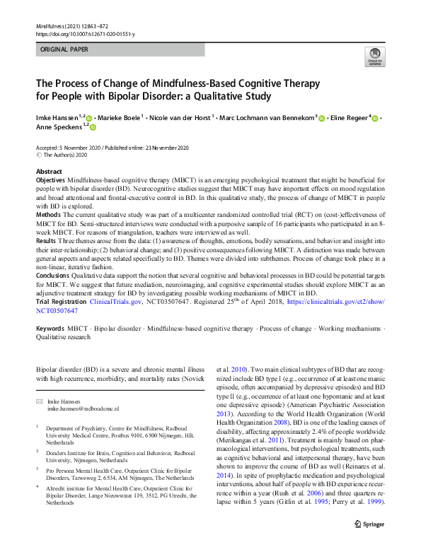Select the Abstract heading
[x=49, y=172]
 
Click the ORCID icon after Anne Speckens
[x=92, y=127]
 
